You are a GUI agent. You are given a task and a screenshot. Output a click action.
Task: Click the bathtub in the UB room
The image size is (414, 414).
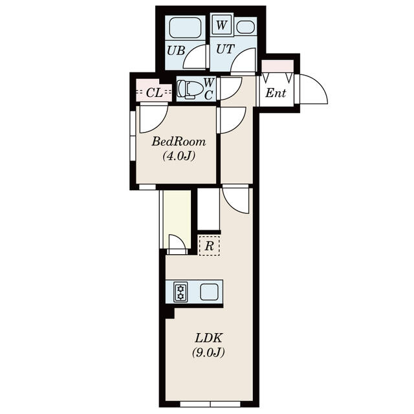pos(185,29)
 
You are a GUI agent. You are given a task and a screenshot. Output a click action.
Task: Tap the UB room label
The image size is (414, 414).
pos(175,50)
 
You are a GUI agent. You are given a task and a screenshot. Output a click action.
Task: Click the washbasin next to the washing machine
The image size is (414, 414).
pos(245,27)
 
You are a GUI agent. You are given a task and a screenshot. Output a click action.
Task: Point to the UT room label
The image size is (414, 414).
pos(225,50)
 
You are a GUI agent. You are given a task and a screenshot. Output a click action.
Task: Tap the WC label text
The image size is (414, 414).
pos(209,89)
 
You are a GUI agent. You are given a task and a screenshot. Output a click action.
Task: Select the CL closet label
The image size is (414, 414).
pos(154,92)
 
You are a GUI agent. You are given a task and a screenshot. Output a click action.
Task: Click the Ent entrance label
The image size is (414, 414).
pos(276,93)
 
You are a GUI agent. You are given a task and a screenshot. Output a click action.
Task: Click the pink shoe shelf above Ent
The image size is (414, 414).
pos(277,66)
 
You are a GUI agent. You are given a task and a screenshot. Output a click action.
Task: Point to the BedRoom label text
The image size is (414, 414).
pos(179,142)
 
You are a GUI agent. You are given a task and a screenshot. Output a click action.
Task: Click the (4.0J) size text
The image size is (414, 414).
pos(178,156)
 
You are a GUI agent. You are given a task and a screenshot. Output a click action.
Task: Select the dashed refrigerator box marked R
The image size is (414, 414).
pos(209,246)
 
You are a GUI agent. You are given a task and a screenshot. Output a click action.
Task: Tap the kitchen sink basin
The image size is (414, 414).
pos(209,292)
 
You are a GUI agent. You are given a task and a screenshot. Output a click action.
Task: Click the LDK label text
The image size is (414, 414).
pos(208,338)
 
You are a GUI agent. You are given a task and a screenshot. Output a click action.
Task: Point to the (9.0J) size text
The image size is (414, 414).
pos(208,353)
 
